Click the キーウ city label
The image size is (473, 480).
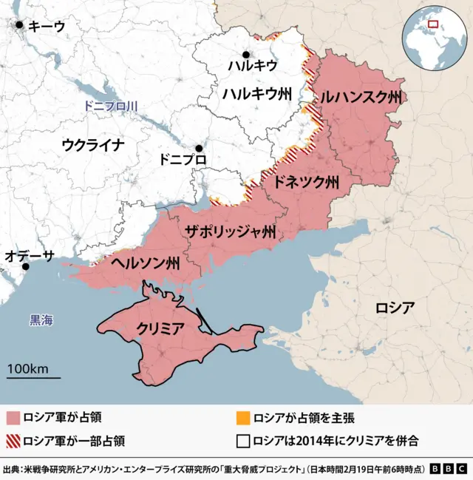click(46, 26)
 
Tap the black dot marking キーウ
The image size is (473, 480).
click(19, 26)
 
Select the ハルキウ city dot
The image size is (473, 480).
click(246, 54)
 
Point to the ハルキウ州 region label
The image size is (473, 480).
click(257, 93)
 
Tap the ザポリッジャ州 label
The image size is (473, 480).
click(231, 232)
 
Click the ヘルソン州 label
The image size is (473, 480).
click(146, 263)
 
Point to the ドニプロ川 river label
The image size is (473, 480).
click(111, 107)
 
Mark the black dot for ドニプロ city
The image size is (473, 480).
click(198, 148)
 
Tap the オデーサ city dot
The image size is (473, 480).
click(26, 266)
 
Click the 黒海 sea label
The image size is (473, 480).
click(41, 320)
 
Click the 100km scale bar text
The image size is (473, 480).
click(28, 368)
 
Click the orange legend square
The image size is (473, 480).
click(243, 419)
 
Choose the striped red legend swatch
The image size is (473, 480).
click(13, 442)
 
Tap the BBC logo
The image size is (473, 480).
click(448, 469)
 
